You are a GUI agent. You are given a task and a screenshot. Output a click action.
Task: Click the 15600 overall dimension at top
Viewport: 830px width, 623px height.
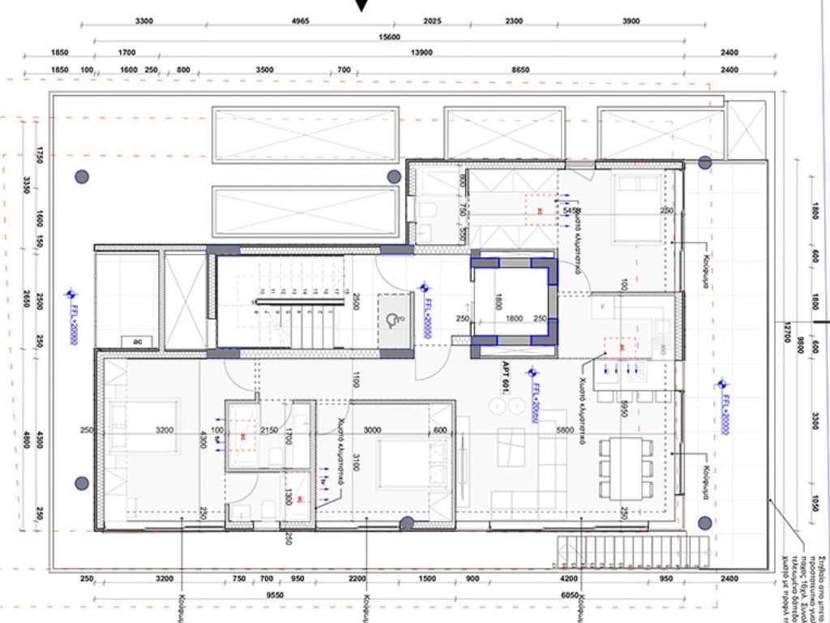391,37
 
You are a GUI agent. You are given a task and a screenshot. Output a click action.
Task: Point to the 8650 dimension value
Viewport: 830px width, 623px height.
520,71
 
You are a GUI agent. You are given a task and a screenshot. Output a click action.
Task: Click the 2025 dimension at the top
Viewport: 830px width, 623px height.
432,21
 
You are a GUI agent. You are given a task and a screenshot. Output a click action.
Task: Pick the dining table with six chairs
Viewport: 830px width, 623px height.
625,468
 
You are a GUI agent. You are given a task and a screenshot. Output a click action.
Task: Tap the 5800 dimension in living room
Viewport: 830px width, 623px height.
566,430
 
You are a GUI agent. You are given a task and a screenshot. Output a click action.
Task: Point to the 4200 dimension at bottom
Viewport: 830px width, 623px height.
569,579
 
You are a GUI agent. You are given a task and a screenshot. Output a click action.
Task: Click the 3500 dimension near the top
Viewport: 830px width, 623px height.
264,71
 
